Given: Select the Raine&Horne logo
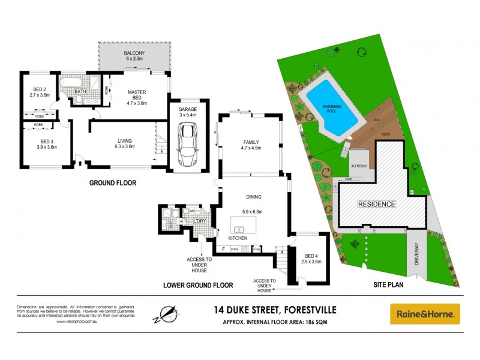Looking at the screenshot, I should [425, 314].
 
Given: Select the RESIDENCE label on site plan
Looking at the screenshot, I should [377, 204].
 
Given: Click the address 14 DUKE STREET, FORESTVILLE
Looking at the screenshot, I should [275, 310].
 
